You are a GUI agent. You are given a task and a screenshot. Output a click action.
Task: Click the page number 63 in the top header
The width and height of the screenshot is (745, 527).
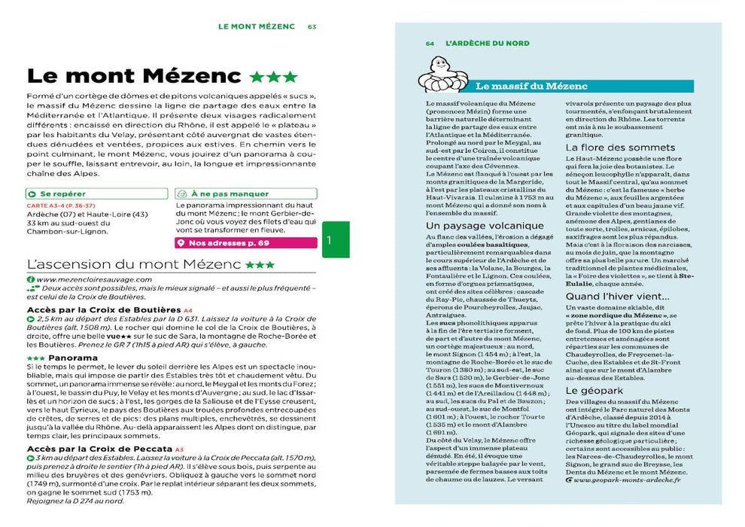[312, 26]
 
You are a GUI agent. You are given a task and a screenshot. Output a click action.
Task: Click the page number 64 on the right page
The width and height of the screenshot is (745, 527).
[430, 44]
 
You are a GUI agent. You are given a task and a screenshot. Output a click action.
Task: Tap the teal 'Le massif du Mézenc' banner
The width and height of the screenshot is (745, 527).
[526, 86]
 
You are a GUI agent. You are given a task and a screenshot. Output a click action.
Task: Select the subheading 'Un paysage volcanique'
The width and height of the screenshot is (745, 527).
[485, 225]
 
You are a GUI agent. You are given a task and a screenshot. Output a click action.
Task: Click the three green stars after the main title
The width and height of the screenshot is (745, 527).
[274, 77]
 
